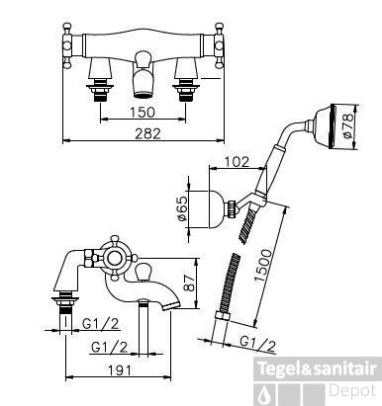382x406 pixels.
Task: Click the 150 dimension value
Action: point(143,112)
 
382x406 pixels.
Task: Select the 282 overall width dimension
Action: point(147,133)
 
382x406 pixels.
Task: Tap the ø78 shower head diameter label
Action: point(347,126)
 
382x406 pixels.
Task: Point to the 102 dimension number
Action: point(237,162)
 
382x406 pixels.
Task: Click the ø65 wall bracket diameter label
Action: point(182,208)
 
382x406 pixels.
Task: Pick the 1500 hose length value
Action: point(264,266)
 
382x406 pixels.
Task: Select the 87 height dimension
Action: point(189,284)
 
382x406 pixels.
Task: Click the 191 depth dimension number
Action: point(119,370)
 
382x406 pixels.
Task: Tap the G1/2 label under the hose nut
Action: point(257,345)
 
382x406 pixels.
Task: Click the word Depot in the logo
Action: point(352,391)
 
